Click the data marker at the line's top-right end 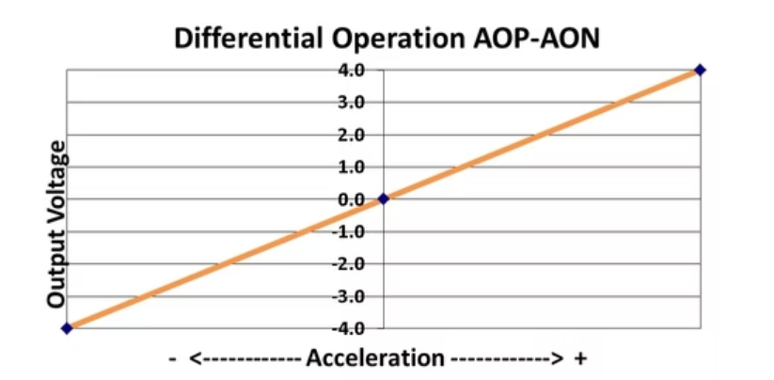700,70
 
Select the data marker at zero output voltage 383,198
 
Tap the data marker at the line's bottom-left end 66,328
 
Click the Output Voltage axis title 56,224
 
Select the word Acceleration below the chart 375,358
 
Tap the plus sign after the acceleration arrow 580,359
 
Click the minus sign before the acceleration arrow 173,359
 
